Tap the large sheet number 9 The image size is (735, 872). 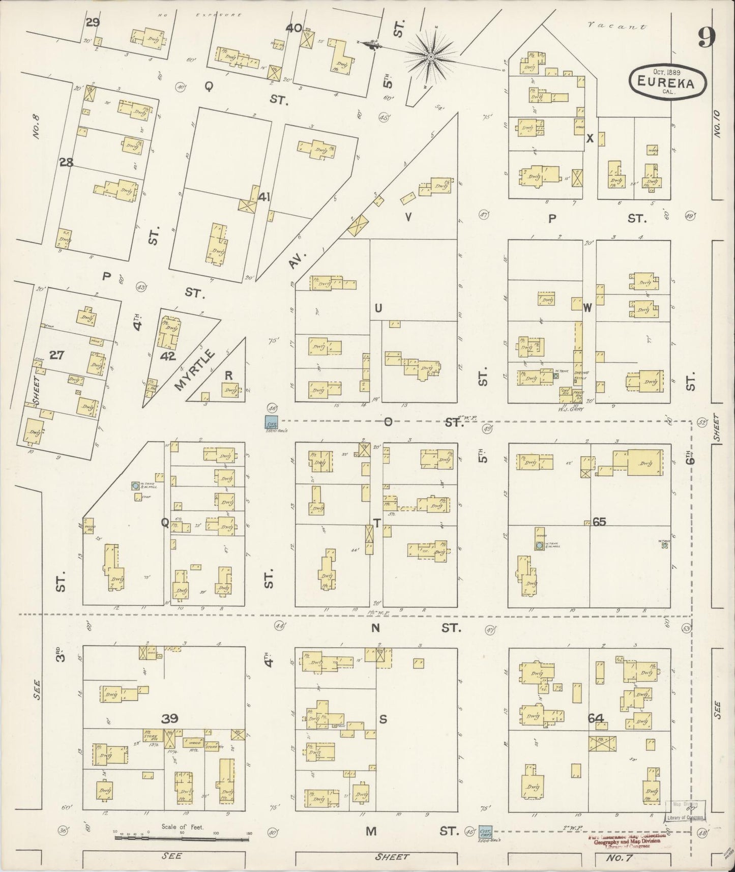coord(707,37)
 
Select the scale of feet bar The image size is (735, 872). coord(182,837)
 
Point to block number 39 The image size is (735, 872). coord(170,718)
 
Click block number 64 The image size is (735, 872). coord(596,718)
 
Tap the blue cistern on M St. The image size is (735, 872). coord(486,832)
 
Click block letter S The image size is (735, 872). coord(384,718)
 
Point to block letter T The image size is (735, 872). coord(377,522)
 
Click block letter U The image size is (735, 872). coord(378,308)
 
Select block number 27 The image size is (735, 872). coord(56,355)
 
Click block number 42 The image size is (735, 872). coord(167,356)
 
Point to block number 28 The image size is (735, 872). coord(66,163)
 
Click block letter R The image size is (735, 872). coord(229,375)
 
